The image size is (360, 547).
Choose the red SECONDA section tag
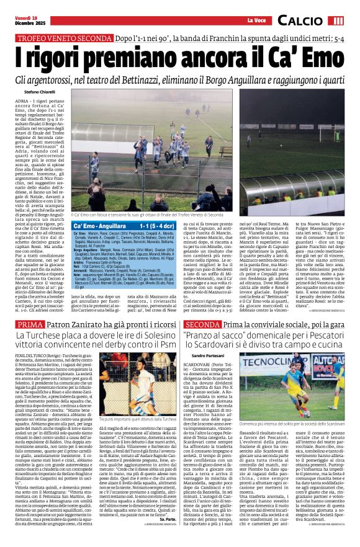coord(202,324)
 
